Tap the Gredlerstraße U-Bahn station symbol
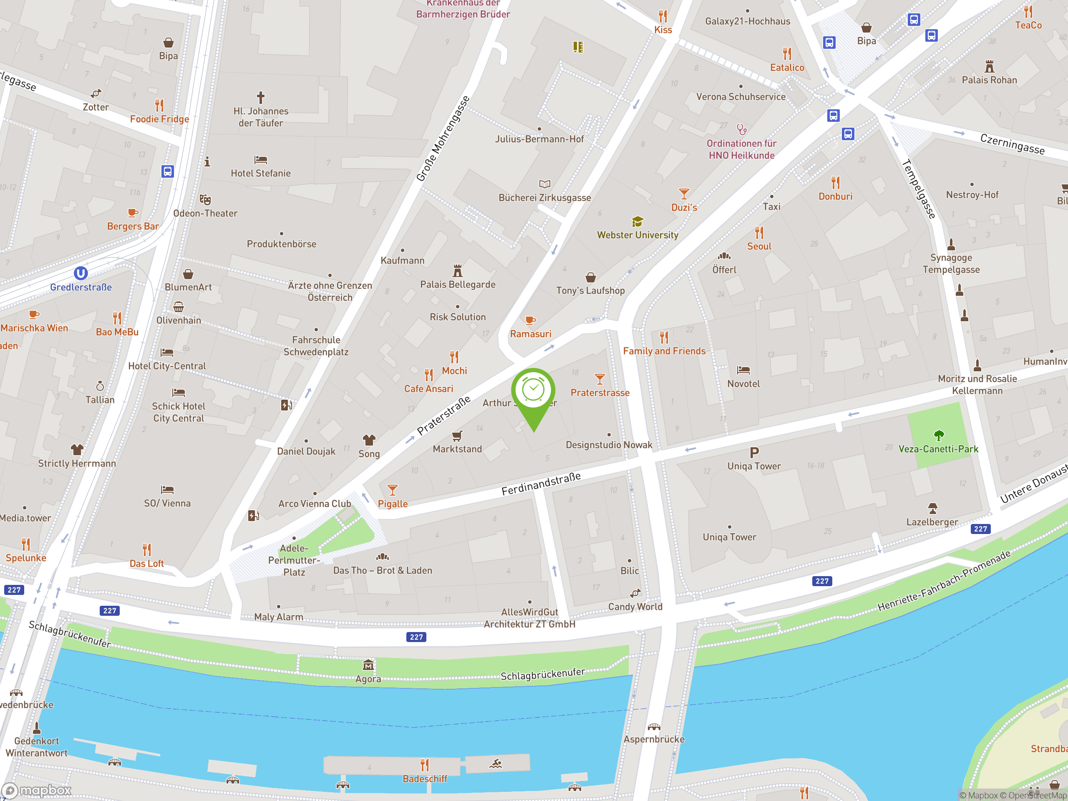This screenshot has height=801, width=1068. click(x=81, y=273)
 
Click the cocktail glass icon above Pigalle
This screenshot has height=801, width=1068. click(x=393, y=491)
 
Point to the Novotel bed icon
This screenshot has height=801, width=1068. click(x=743, y=370)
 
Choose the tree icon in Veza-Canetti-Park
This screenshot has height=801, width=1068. click(x=939, y=436)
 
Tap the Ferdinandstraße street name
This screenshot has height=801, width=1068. click(x=541, y=484)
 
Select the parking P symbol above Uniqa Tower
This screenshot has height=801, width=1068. click(x=754, y=452)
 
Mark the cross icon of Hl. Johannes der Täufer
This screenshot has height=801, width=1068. click(x=261, y=98)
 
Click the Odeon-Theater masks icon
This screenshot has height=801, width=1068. click(x=205, y=199)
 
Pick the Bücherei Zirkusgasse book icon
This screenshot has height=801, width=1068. click(x=544, y=184)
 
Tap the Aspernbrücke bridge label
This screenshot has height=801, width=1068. click(x=654, y=739)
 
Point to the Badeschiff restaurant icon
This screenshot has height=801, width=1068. click(x=424, y=765)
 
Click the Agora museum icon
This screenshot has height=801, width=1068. click(x=368, y=666)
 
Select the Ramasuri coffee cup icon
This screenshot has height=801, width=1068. click(x=530, y=320)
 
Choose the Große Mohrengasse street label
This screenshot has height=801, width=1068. click(x=443, y=139)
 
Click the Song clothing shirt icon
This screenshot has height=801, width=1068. click(x=369, y=440)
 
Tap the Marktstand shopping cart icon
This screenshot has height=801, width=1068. click(x=457, y=436)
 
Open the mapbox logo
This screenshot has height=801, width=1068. click(x=37, y=791)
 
